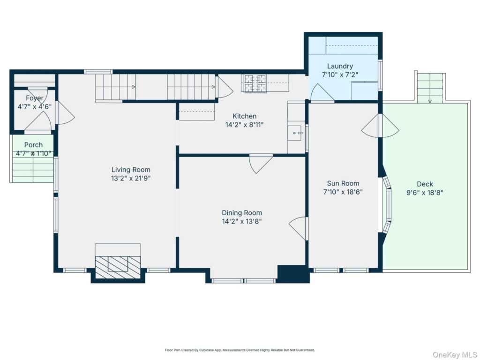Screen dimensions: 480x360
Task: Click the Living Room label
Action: coord(131,170)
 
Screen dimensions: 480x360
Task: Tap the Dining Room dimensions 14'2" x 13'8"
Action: coord(241,221)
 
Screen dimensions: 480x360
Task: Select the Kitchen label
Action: coord(244,116)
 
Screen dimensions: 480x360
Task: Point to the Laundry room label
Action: coord(340,66)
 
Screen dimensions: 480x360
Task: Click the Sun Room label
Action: coord(343,183)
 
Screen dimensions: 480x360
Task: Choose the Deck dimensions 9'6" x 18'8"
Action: coord(425,193)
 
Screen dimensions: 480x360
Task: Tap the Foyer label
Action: coord(34,98)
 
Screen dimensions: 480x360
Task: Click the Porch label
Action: coord(33,145)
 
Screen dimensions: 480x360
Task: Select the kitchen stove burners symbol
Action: coord(255,83)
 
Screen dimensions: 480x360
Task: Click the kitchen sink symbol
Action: coord(296,133)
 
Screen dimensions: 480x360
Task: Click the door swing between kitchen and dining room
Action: coord(261,164)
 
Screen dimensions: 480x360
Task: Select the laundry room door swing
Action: coord(322,92)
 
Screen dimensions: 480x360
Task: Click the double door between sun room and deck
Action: coord(380,126)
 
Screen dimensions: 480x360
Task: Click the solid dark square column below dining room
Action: coord(293,273)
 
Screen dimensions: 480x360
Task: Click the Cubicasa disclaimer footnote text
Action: coord(240,350)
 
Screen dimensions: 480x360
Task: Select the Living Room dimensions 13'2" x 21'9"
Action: coord(131,178)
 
